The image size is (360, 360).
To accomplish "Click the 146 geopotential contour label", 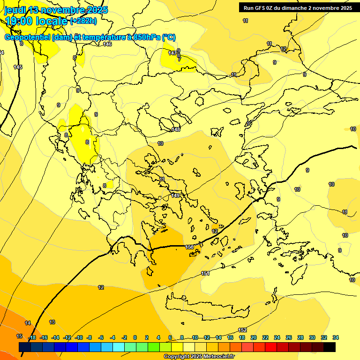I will (x=107, y=44).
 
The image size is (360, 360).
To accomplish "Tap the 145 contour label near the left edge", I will (x=18, y=67).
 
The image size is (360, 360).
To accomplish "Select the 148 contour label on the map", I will (x=176, y=129).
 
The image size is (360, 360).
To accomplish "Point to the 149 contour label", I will (x=175, y=195).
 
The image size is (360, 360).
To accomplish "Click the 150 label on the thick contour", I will (x=189, y=247).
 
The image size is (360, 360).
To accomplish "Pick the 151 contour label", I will (x=205, y=273).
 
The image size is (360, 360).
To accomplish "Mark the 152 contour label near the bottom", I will (x=242, y=330).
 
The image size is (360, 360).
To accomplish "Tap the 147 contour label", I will (x=172, y=53).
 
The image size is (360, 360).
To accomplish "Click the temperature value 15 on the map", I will (x=19, y=336).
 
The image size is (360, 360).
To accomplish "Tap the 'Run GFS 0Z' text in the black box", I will (x=259, y=8).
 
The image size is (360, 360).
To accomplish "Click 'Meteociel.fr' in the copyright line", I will (x=217, y=357).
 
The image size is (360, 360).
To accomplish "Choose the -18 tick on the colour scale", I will (x=32, y=337).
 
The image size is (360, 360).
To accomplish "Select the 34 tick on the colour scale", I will (x=336, y=337).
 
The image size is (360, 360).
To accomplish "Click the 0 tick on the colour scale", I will (x=135, y=337).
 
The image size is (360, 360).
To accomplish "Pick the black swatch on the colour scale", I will (x=330, y=347).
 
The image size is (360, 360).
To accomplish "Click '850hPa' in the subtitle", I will (x=146, y=37).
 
